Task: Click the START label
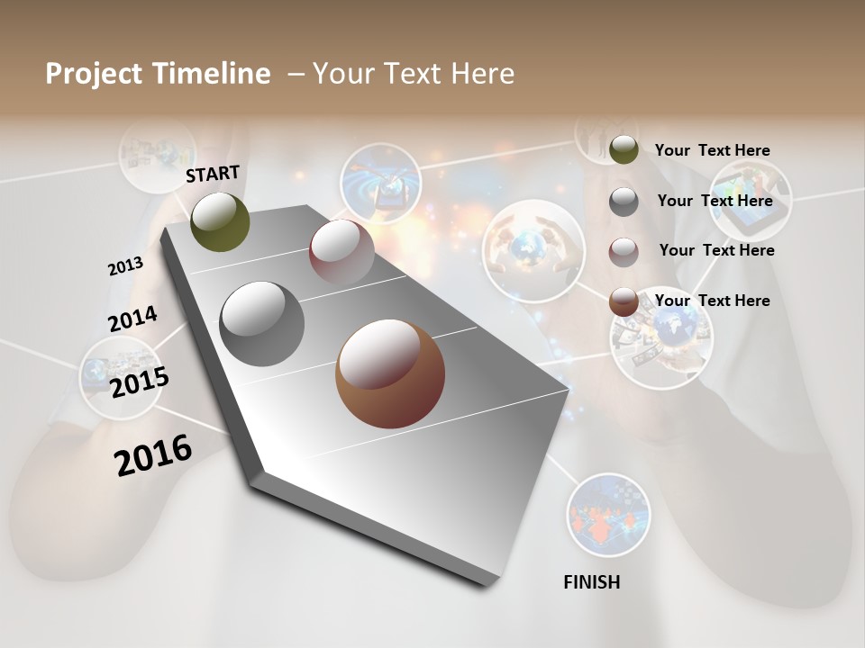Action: (213, 173)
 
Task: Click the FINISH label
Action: (591, 582)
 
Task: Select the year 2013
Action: (125, 266)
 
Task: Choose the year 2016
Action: (153, 454)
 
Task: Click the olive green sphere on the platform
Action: (220, 221)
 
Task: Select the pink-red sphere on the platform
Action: (341, 251)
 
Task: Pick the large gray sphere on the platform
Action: (261, 323)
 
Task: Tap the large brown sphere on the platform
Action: (389, 373)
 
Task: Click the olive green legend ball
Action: (624, 150)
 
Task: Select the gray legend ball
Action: (624, 202)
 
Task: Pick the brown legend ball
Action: (624, 302)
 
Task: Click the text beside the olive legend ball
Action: (712, 150)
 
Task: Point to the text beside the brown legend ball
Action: (712, 301)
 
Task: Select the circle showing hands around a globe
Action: (533, 249)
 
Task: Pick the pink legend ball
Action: (624, 252)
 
